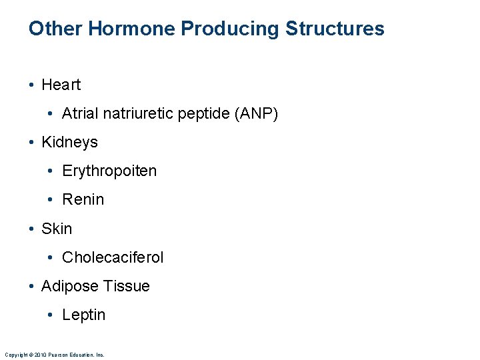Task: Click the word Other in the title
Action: [x=55, y=29]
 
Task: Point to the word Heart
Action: [x=61, y=85]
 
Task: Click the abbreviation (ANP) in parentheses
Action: [x=256, y=113]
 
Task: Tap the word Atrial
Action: [x=79, y=113]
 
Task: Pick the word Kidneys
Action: [x=69, y=142]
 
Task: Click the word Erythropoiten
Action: [x=109, y=171]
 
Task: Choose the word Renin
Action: [x=83, y=199]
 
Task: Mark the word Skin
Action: [x=57, y=228]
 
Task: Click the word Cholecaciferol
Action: [x=113, y=257]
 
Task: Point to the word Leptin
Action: [x=83, y=315]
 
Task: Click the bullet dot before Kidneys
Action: [x=32, y=143]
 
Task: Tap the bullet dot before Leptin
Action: [x=53, y=315]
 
